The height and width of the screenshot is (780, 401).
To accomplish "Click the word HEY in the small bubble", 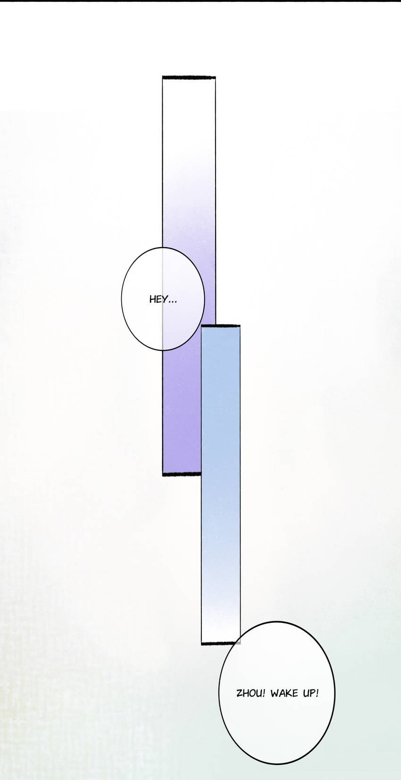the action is [x=159, y=299].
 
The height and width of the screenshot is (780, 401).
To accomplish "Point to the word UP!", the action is [x=310, y=693].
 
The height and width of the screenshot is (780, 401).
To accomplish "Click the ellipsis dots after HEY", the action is [x=173, y=302].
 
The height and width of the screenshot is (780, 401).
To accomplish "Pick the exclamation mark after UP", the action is [x=317, y=693].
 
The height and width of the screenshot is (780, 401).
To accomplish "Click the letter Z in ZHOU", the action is [x=240, y=693].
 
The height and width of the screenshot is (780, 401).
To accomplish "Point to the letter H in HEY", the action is [x=152, y=299].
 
